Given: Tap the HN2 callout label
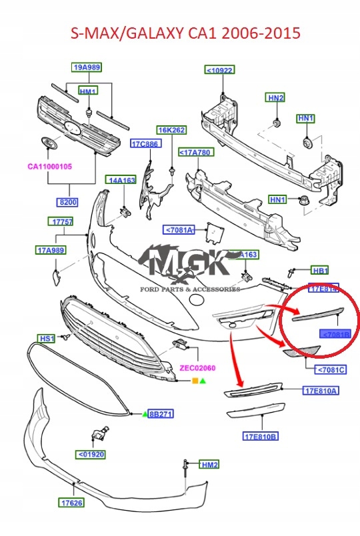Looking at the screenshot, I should click(276, 98).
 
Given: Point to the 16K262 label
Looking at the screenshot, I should click(171, 130).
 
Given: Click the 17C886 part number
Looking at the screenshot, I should click(145, 144).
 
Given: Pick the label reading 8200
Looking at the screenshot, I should click(69, 201).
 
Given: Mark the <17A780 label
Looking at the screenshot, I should click(195, 153).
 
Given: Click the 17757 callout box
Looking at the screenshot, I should click(60, 221).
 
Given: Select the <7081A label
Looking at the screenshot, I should click(178, 231).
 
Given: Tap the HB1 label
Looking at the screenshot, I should click(321, 271).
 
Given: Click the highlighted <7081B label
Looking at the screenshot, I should click(335, 335).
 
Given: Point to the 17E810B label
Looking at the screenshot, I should click(260, 437).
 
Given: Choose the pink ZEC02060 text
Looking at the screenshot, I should click(197, 368).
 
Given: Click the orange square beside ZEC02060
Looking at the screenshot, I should click(195, 381).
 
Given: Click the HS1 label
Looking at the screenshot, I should click(46, 339).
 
